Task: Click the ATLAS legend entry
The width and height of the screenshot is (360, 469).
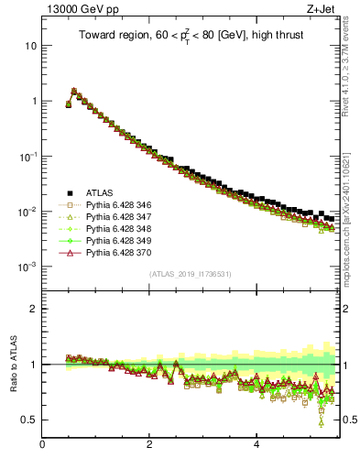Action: [x=101, y=192]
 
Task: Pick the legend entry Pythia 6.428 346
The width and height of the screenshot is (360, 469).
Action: [x=119, y=207]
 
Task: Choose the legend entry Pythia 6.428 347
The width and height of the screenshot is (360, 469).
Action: [x=119, y=222]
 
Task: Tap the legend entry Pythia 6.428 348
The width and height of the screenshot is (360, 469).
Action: [x=119, y=236]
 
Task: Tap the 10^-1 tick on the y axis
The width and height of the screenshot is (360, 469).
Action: [x=28, y=157]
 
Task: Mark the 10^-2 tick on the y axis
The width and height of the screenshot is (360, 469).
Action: [x=28, y=212]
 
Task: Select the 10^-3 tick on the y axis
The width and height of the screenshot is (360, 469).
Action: [x=28, y=267]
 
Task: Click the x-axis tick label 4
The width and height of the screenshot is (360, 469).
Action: [x=256, y=446]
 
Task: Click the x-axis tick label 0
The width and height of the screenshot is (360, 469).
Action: [x=42, y=446]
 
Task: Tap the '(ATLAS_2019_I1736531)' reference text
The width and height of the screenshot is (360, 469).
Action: [x=191, y=274]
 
